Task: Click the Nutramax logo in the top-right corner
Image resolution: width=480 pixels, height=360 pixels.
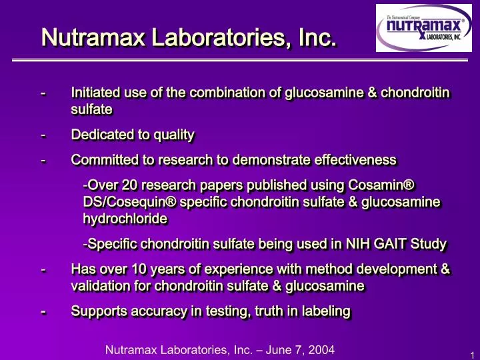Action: (421, 30)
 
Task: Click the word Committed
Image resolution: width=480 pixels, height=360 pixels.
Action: (100, 160)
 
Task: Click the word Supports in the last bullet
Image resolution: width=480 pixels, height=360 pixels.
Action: (97, 311)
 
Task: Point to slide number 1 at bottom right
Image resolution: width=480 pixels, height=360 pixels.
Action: (471, 353)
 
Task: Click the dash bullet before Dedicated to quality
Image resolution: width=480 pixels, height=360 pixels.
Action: (43, 135)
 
